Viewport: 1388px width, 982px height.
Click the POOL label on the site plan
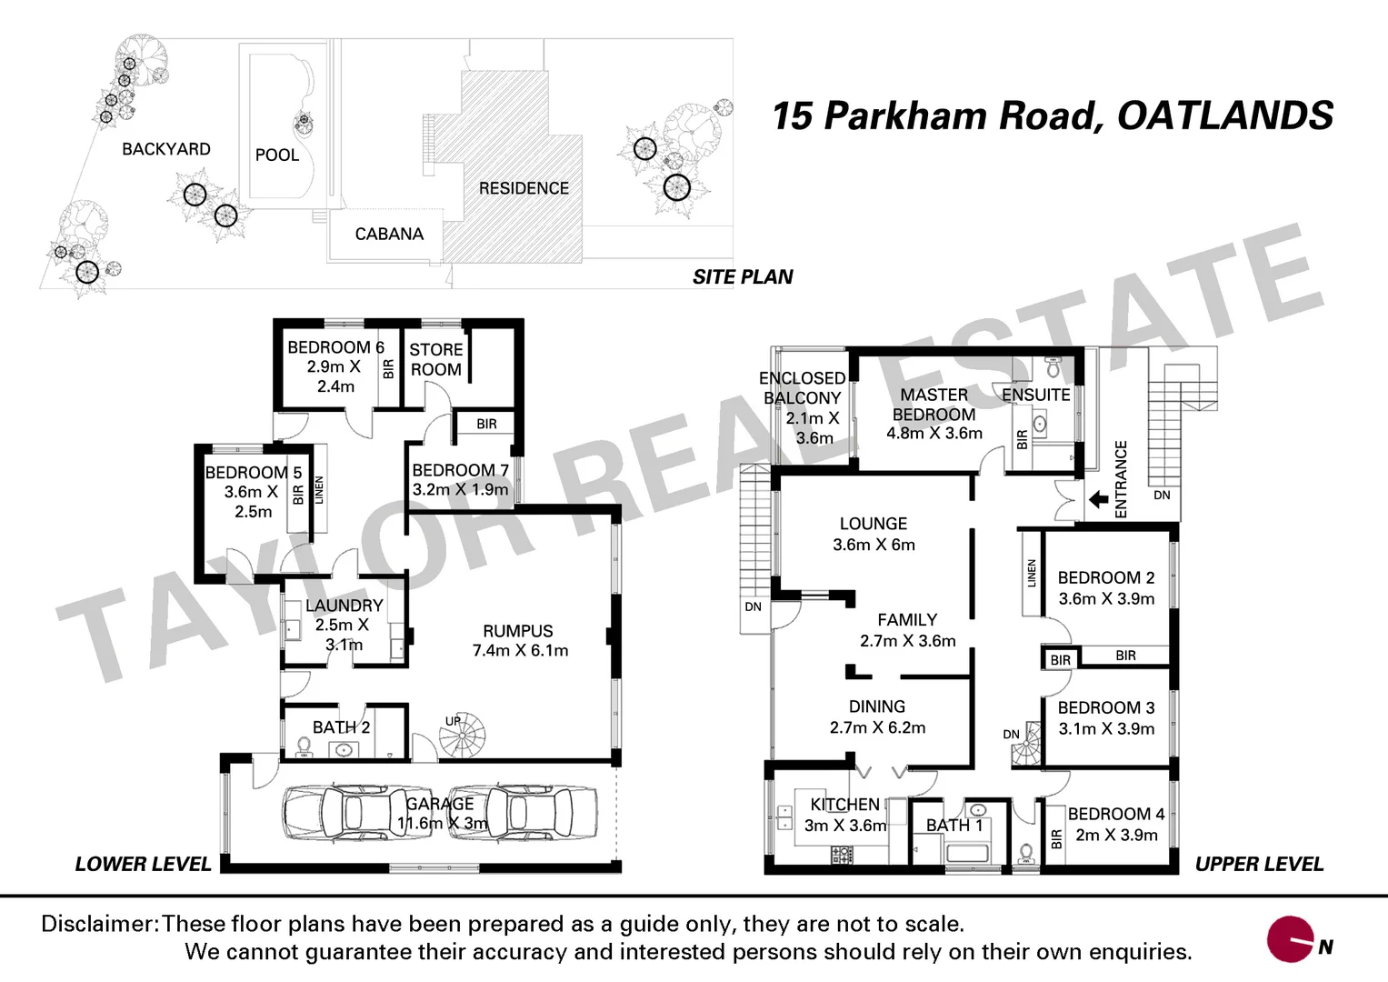[277, 155]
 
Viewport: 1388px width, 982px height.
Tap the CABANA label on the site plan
[389, 235]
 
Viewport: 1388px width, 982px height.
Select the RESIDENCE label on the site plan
[524, 188]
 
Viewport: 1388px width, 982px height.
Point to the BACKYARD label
[166, 149]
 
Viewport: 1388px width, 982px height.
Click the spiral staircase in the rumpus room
[463, 735]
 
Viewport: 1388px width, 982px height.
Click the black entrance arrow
[1098, 499]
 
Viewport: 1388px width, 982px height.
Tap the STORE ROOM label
[435, 360]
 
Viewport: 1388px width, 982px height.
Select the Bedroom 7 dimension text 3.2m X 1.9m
[460, 490]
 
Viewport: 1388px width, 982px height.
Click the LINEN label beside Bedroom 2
[1032, 574]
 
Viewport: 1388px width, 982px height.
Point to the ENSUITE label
[1035, 396]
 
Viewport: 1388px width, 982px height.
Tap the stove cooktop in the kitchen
[842, 854]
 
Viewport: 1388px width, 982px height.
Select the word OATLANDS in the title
[1224, 116]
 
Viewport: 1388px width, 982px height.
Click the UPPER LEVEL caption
[1259, 865]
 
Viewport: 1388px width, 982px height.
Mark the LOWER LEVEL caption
[143, 865]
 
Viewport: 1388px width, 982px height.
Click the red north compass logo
[1293, 939]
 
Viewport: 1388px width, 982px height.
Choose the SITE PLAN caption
[743, 277]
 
